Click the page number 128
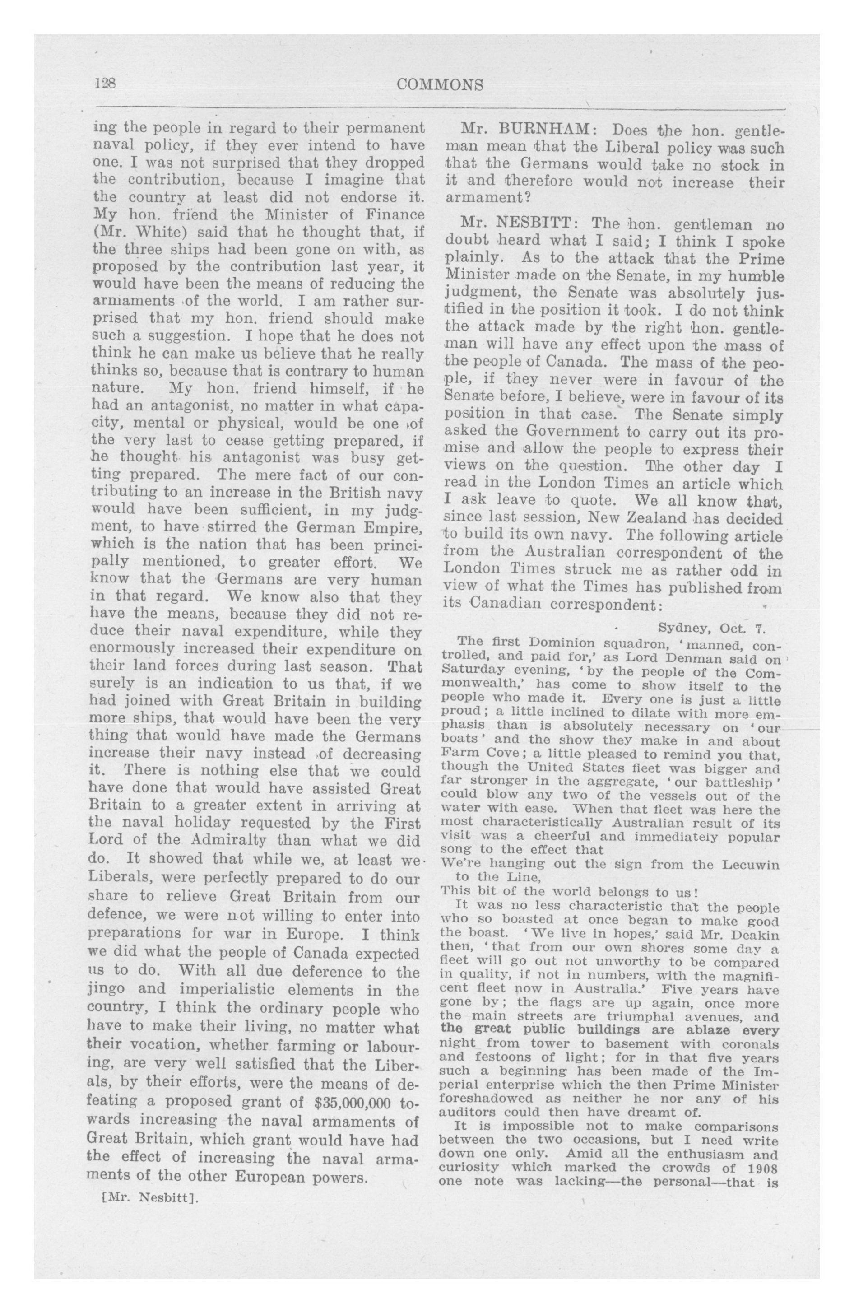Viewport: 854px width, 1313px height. coord(104,84)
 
